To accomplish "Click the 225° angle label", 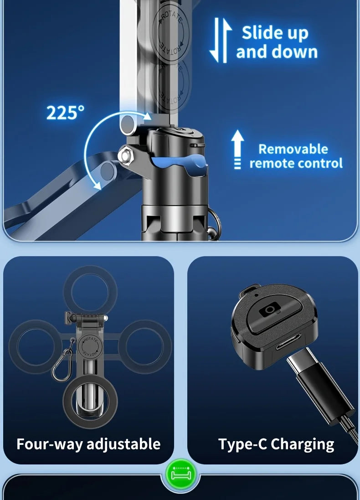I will tap(65, 113).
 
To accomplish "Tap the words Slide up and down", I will tap(276, 42).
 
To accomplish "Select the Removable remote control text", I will tap(296, 156).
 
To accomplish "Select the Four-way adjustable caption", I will tap(88, 443).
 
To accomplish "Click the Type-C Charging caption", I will tap(276, 443).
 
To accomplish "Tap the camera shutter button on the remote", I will tap(270, 310).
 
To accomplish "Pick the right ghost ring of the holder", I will tap(145, 346).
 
